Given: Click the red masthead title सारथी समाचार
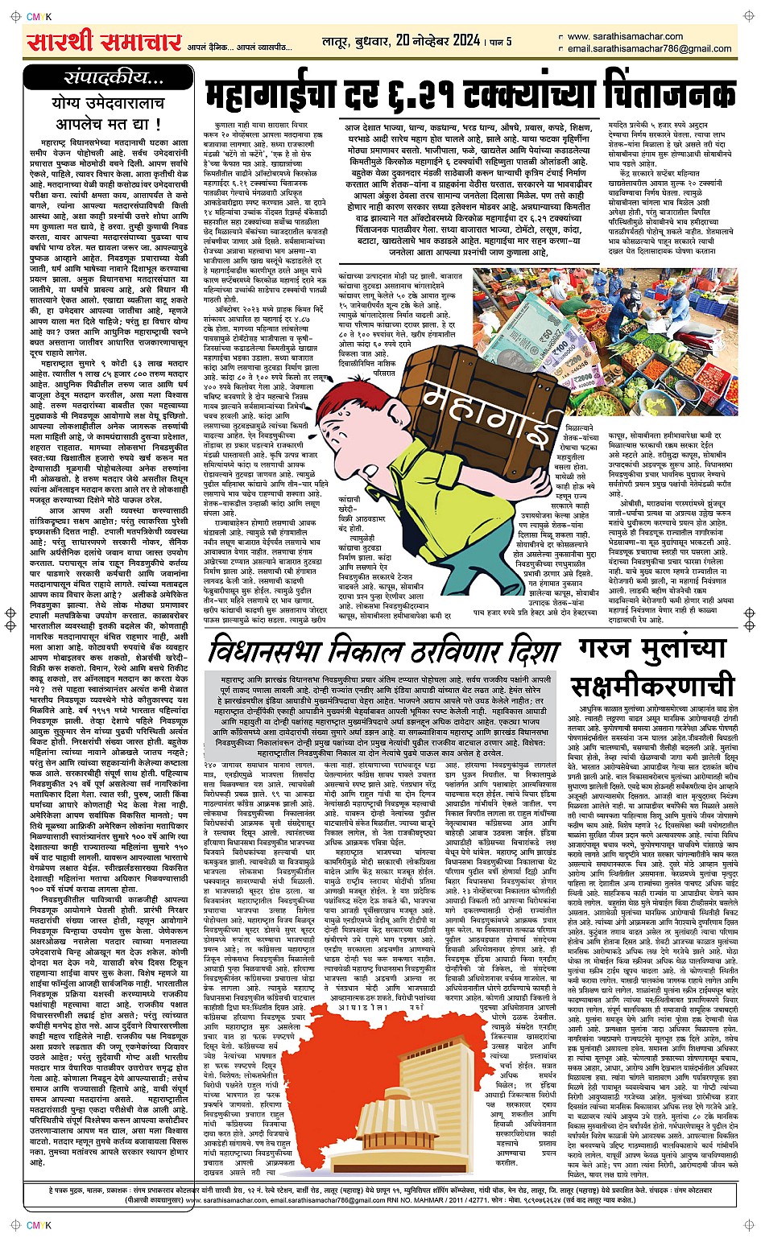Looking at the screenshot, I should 103,40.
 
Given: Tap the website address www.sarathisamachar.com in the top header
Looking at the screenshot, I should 624,36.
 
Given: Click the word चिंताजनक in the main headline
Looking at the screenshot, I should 645,95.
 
